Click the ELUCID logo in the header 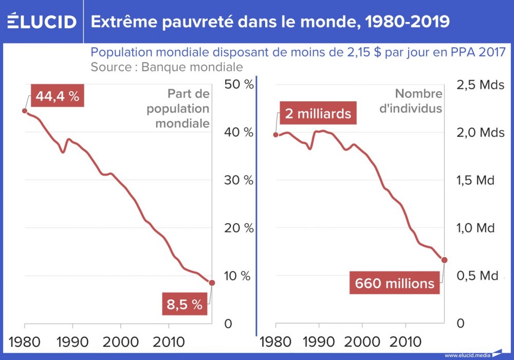point(42,22)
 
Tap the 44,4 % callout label point(58,96)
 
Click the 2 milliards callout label point(318,113)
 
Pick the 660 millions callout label point(394,283)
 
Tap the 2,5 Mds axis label point(481,85)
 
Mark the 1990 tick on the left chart point(72,343)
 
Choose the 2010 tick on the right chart point(406,343)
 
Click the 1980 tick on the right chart point(276,343)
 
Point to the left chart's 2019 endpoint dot point(212,282)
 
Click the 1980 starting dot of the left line point(25,110)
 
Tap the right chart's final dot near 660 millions point(445,260)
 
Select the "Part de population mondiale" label point(178,109)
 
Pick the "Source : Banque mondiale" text point(167,67)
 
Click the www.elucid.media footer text point(467,355)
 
